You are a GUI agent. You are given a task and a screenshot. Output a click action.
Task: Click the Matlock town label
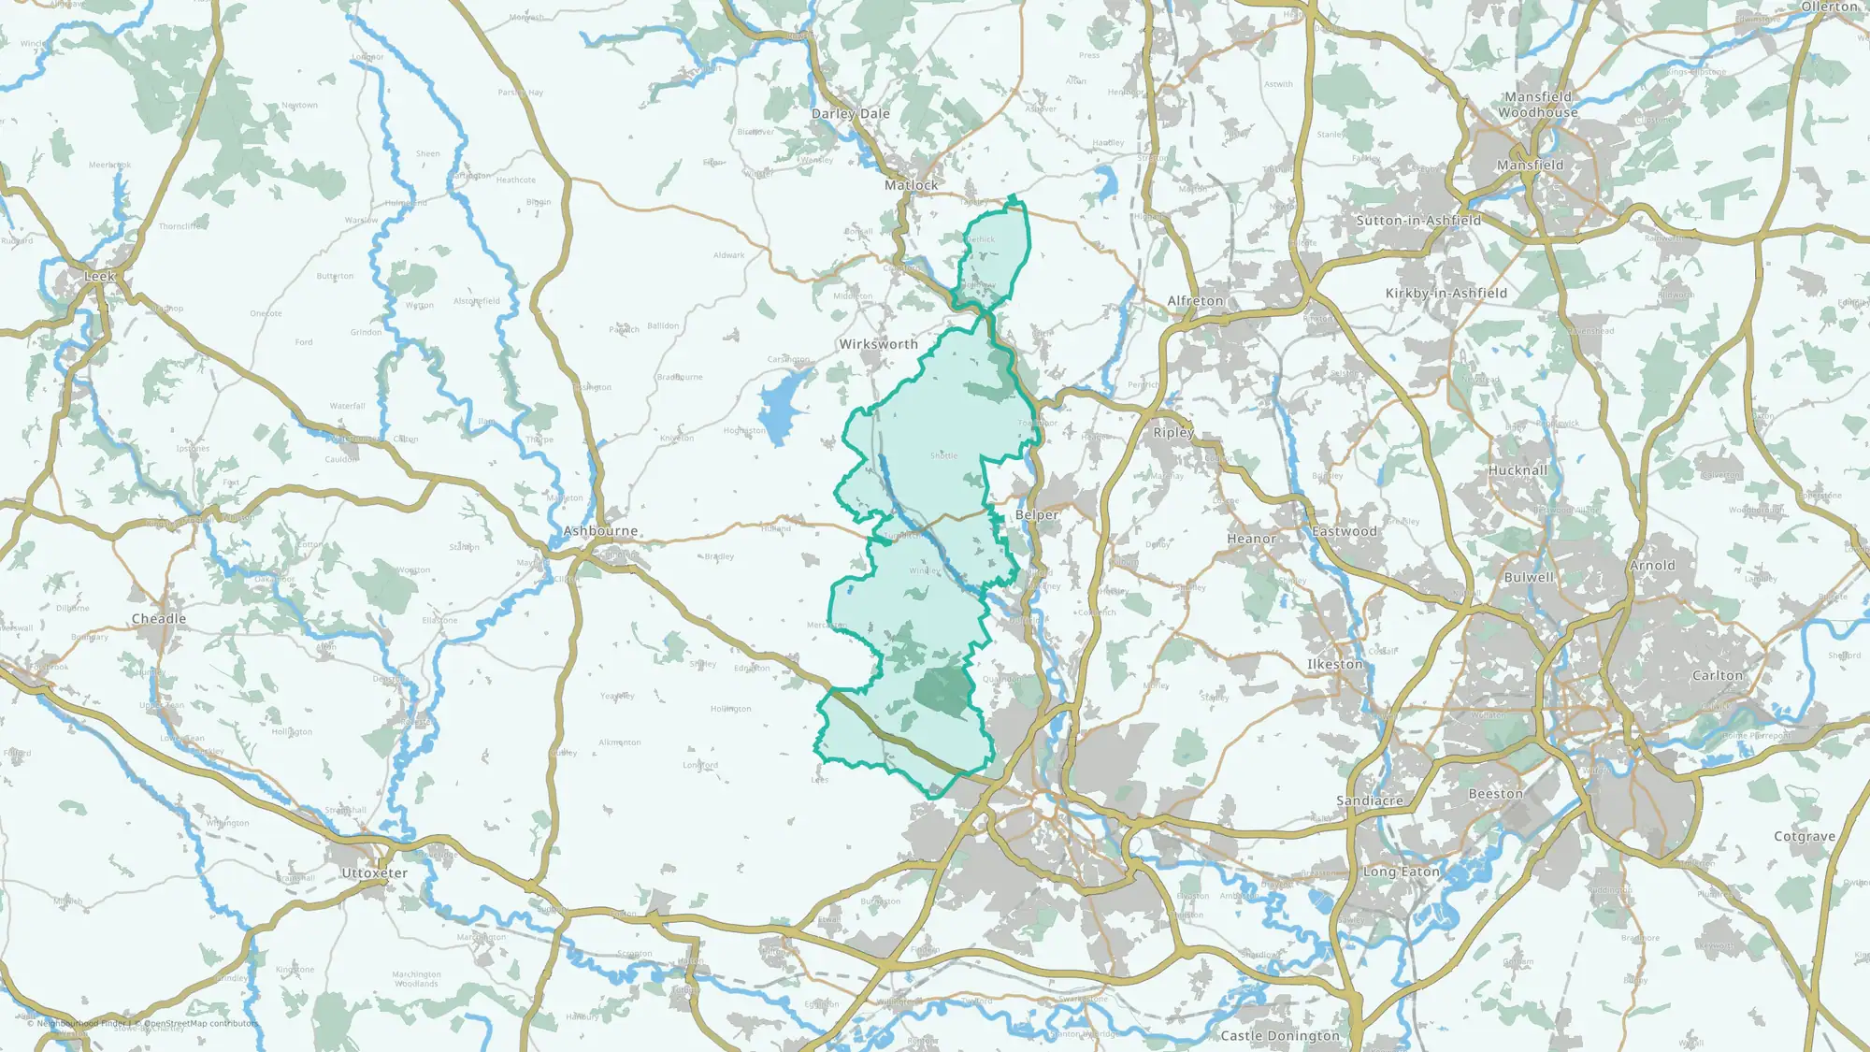911,185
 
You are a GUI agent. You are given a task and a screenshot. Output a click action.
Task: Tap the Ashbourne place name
600,531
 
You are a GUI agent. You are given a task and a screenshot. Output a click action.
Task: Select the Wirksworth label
878,344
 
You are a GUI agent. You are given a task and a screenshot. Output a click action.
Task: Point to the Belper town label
1037,515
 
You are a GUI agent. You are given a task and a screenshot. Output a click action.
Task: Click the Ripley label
1173,432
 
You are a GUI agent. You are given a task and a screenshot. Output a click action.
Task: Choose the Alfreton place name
1195,301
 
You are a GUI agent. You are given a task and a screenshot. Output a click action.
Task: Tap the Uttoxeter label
374,873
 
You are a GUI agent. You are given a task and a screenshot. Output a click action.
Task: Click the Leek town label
99,277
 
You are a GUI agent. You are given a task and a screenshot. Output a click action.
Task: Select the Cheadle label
159,619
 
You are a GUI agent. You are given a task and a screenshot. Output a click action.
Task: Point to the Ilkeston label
1334,664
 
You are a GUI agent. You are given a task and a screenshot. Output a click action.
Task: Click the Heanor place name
1251,539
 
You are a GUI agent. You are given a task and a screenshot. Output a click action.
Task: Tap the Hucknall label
1518,470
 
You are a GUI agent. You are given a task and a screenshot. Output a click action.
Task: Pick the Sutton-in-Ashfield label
1418,221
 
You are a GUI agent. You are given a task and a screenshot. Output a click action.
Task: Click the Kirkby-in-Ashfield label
1446,293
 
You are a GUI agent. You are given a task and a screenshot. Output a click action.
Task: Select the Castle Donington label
1279,1035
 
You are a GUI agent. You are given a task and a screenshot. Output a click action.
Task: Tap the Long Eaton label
1401,872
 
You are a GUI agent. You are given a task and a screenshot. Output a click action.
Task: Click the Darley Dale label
850,114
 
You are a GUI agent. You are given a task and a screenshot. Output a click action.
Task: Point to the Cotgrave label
1805,836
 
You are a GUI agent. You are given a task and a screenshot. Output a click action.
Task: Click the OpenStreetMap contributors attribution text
200,1023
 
